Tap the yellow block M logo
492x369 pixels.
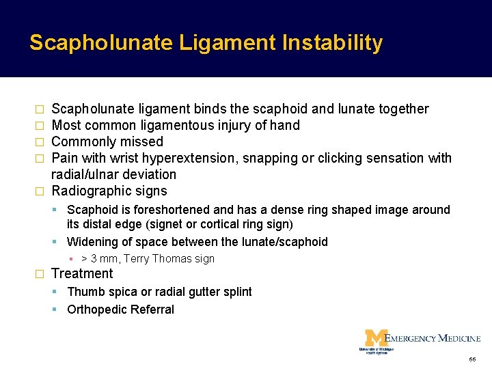[x=375, y=338]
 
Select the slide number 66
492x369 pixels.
[x=472, y=359]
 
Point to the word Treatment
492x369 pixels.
[x=82, y=274]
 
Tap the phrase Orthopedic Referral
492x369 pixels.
[x=120, y=310]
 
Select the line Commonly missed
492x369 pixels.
[x=107, y=142]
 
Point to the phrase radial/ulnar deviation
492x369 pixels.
[x=113, y=175]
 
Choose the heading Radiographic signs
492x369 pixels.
[x=109, y=191]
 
